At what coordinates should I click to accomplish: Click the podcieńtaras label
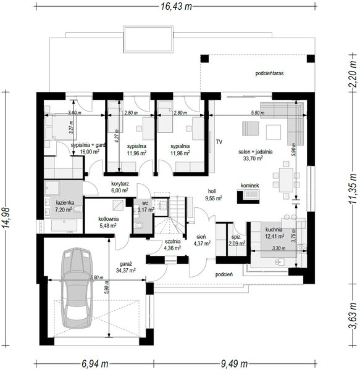tap(269, 73)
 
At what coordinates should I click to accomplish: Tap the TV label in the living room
tap(219, 141)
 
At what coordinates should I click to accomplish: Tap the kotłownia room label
tap(108, 218)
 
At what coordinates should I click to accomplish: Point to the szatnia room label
tap(173, 242)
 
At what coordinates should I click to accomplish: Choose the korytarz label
tap(119, 183)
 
